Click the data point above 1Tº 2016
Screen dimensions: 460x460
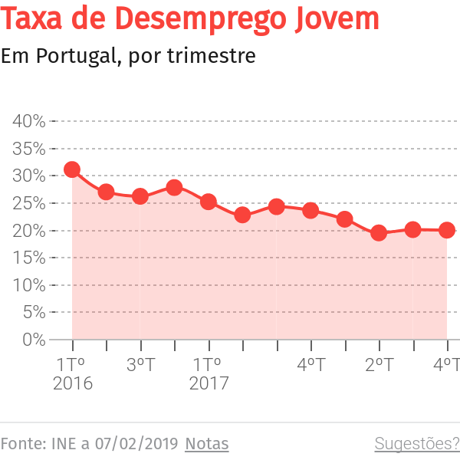point(72,169)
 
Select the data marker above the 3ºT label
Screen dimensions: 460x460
point(140,196)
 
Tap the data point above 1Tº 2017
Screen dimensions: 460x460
point(209,202)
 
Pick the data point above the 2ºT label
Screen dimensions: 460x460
point(379,232)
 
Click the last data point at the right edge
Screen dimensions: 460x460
point(447,230)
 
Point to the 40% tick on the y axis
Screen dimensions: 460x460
point(29,121)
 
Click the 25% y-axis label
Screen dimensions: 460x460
point(29,203)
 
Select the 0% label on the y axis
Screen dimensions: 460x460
point(33,339)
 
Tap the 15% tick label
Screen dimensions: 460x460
point(29,258)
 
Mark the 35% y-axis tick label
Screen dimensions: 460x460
point(29,149)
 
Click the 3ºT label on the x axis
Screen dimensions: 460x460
point(140,364)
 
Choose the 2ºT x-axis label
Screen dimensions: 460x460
point(379,364)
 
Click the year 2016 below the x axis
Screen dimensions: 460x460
point(72,383)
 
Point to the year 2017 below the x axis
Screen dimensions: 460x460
point(209,383)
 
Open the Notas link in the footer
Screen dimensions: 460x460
point(207,444)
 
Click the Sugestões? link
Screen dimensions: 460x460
point(416,444)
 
